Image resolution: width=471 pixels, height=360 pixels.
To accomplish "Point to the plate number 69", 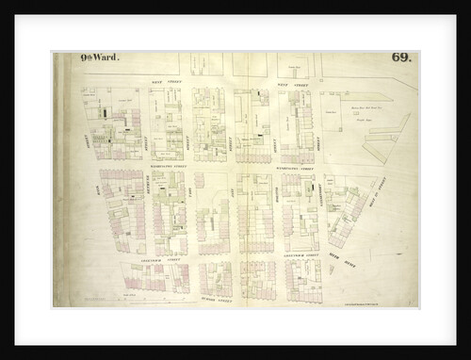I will pos(400,58).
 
